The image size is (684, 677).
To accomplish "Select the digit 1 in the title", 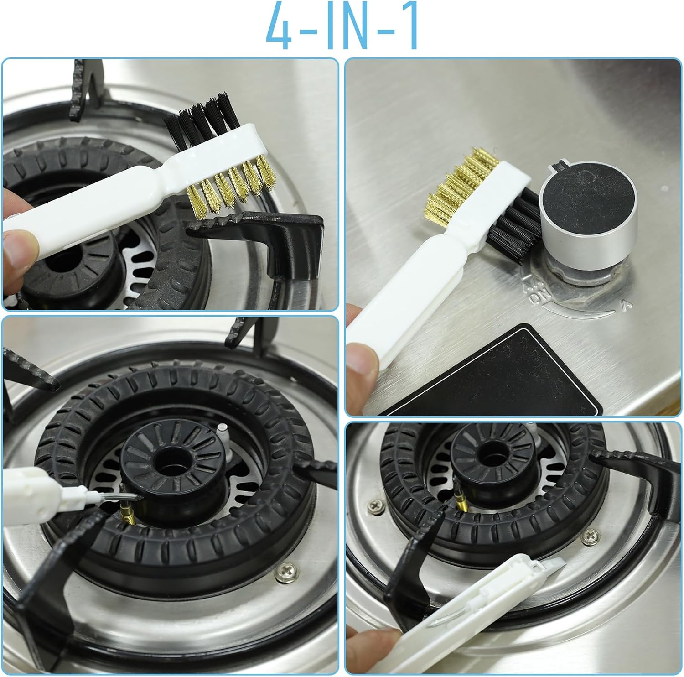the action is (409, 26).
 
